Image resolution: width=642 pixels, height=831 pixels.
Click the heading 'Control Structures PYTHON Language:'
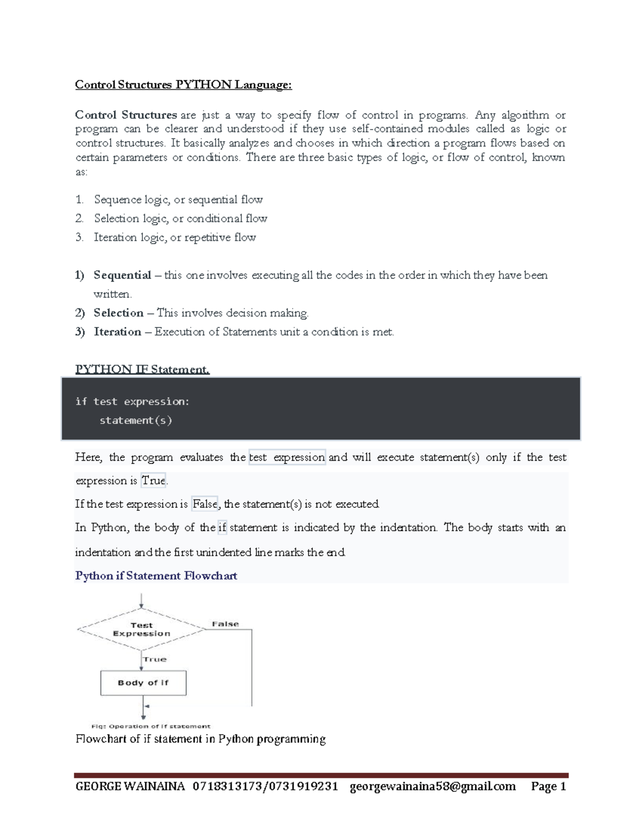pos(183,85)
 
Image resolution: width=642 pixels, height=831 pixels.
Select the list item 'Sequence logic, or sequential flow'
pos(178,200)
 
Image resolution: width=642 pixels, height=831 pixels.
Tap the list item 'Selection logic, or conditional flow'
pos(180,218)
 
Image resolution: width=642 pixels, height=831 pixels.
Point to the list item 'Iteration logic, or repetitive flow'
pos(174,237)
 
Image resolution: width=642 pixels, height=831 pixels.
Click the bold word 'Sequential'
pos(122,275)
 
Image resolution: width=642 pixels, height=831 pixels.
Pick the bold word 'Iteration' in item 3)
pos(117,332)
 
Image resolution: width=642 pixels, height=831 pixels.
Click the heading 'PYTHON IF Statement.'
pos(142,369)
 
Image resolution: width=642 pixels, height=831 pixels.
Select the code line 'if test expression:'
pos(132,401)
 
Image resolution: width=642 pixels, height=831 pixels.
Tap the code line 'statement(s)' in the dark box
pos(135,421)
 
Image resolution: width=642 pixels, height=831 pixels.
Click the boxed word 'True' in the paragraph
pos(154,481)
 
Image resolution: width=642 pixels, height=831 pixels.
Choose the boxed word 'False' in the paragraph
pos(205,504)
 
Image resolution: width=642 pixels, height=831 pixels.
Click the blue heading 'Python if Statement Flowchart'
pos(156,576)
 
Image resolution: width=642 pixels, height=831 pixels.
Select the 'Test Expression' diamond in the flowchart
pos(141,629)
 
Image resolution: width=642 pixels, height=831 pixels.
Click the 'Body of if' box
pos(143,683)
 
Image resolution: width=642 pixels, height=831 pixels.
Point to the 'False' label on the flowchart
pos(225,624)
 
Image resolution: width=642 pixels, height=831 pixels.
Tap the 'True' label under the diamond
pos(155,659)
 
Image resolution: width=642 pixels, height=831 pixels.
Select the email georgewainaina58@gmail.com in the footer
pos(432,786)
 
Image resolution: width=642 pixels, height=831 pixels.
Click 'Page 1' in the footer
pos(548,786)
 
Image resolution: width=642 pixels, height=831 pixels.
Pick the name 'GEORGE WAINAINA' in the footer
pos(130,786)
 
